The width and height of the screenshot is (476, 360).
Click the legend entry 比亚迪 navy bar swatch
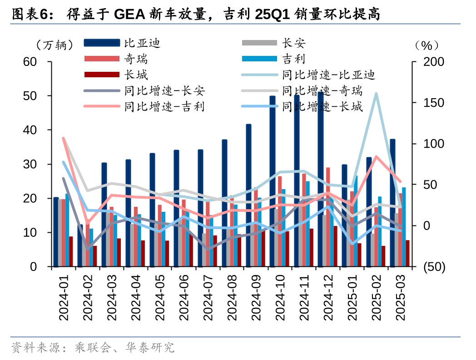[103, 43]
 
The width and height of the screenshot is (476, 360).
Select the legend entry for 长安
[293, 43]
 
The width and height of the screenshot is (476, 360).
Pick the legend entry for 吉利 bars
[293, 59]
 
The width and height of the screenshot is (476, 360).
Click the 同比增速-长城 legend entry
[322, 107]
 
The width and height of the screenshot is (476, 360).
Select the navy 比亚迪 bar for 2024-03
[104, 214]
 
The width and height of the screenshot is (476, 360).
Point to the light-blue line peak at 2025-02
[376, 94]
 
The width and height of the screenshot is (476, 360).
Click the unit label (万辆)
[53, 45]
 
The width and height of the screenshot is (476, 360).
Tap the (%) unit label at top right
[426, 45]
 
